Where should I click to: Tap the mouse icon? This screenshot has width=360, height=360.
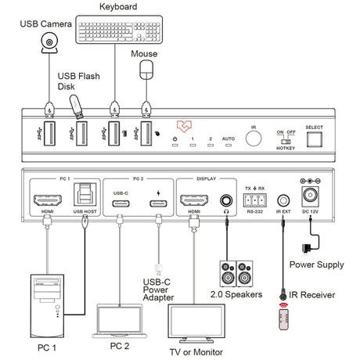[145, 70]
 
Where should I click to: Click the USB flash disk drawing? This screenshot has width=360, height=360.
[78, 106]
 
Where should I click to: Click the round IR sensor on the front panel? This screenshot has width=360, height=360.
[254, 138]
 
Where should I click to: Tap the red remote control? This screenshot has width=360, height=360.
[283, 321]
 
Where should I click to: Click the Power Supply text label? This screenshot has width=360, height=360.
[318, 265]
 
